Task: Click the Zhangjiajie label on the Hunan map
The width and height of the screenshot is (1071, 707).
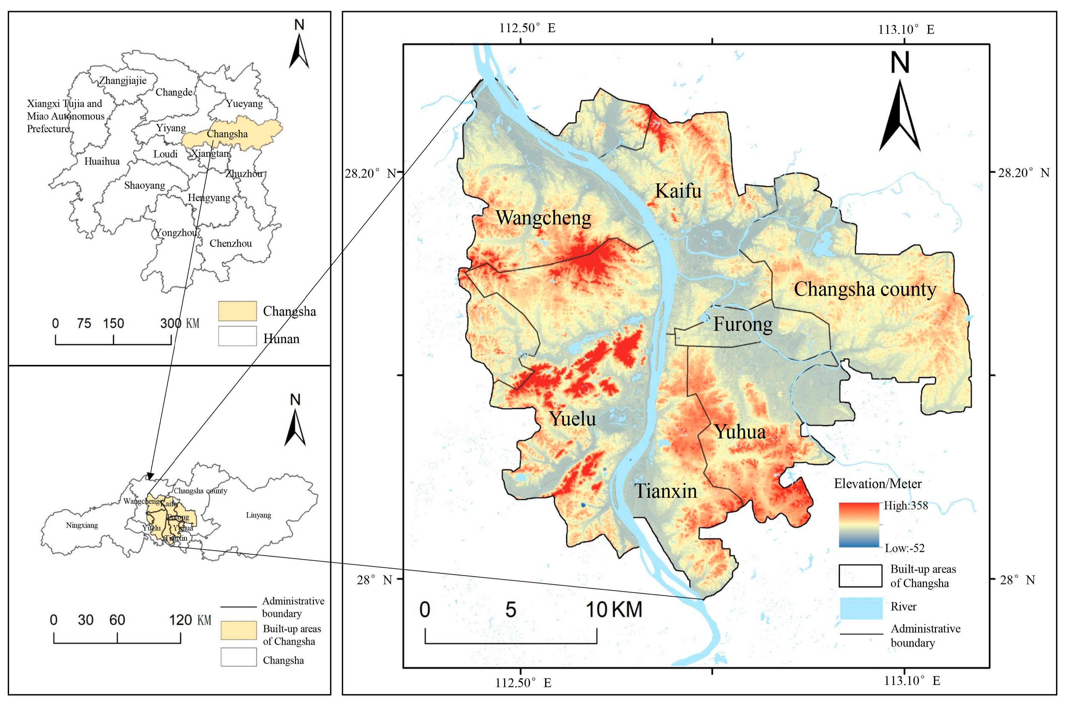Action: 123,81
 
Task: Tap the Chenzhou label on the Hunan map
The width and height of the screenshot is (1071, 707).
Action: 230,243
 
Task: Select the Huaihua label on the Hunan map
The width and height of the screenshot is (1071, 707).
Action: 102,161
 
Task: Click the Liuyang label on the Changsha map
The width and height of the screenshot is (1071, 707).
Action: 258,515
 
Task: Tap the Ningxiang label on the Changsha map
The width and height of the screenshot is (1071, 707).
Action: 82,525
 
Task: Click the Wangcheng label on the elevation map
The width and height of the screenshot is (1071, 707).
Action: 543,218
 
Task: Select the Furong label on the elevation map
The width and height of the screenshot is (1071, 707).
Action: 742,324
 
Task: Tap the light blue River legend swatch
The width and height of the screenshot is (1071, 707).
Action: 860,608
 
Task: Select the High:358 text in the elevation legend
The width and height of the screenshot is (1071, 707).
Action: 905,505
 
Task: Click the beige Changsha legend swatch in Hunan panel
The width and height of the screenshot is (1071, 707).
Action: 237,311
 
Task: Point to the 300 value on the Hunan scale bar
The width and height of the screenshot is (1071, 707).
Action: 171,323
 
